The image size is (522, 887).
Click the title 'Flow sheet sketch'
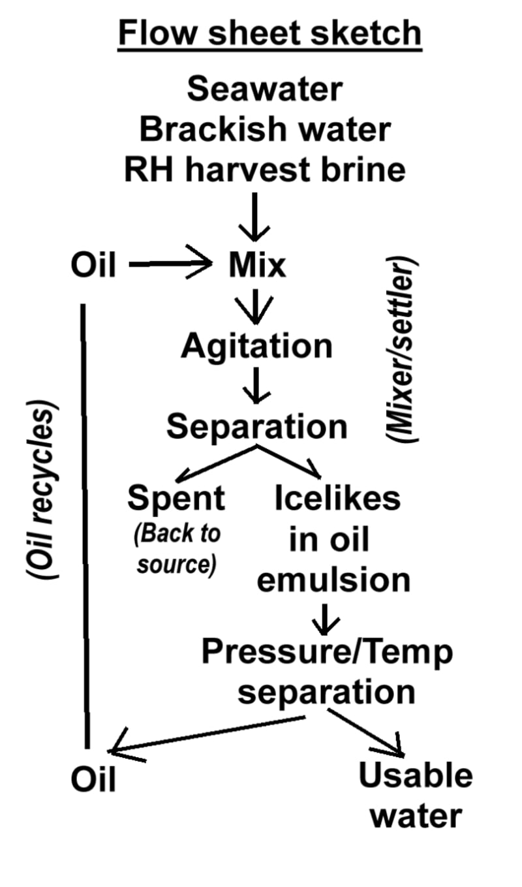pos(269,33)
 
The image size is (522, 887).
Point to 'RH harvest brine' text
pos(264,170)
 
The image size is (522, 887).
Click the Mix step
pos(257,266)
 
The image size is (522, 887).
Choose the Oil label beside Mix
pos(93,266)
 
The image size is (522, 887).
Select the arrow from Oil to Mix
pos(170,264)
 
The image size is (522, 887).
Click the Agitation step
pos(256,346)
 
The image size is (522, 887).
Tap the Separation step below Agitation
pos(256,427)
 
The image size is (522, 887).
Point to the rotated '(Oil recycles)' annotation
pos(41,493)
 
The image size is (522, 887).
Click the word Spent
pos(176,499)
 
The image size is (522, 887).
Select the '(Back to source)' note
pos(177,549)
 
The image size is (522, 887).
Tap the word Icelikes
pos(337,499)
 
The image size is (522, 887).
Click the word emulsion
pos(333,580)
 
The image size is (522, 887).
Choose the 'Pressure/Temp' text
pos(326,651)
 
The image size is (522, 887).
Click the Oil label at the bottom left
pos(93,779)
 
